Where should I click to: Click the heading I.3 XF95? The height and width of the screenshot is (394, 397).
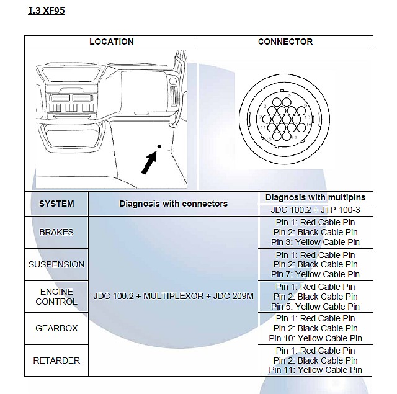tap(47, 11)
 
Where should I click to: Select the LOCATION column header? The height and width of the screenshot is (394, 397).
tap(111, 42)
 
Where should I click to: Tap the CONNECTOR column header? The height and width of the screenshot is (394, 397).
tap(285, 42)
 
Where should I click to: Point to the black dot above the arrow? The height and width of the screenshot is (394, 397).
tap(159, 146)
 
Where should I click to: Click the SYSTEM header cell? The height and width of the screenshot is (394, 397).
tap(56, 204)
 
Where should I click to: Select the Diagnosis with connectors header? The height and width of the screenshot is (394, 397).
tap(173, 204)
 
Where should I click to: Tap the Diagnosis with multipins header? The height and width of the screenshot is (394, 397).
tap(315, 197)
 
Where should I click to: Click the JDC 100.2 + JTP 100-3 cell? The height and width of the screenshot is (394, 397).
tap(315, 210)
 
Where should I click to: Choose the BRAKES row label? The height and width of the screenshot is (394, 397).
tap(56, 232)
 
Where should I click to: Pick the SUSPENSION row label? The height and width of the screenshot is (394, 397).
tap(56, 264)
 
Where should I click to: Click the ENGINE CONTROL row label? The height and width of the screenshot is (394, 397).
tap(56, 297)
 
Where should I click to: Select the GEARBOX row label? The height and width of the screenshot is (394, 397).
tap(56, 328)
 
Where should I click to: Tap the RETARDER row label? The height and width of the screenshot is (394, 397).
tap(56, 360)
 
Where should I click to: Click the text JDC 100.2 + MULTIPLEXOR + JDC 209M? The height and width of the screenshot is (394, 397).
tap(173, 297)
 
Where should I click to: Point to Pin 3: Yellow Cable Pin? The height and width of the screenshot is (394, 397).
tap(315, 242)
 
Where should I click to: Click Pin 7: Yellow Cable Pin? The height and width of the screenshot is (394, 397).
tap(315, 274)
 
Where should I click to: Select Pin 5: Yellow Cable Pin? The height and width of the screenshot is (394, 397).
tap(315, 307)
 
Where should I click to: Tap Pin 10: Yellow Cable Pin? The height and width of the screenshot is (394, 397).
tap(315, 338)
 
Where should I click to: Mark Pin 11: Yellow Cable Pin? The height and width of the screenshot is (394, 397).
tap(315, 370)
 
